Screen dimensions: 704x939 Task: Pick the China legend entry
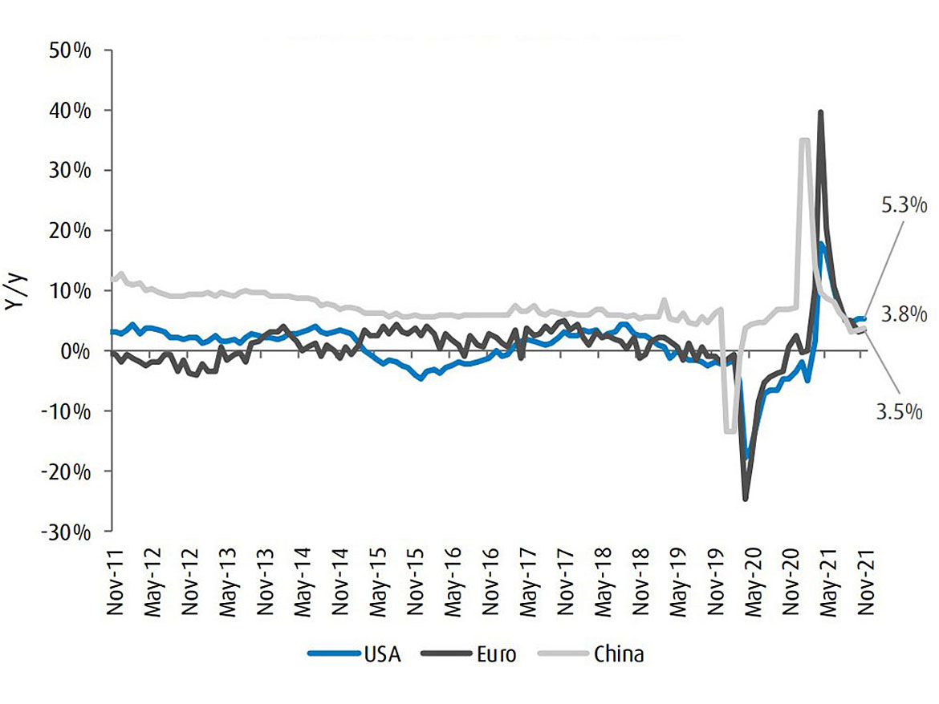coord(619,654)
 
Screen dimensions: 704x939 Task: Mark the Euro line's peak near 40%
coord(820,112)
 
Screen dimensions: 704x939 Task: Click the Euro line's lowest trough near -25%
coord(746,500)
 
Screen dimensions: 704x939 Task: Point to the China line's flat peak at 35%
coord(804,140)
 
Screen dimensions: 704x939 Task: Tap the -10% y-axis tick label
coord(70,411)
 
